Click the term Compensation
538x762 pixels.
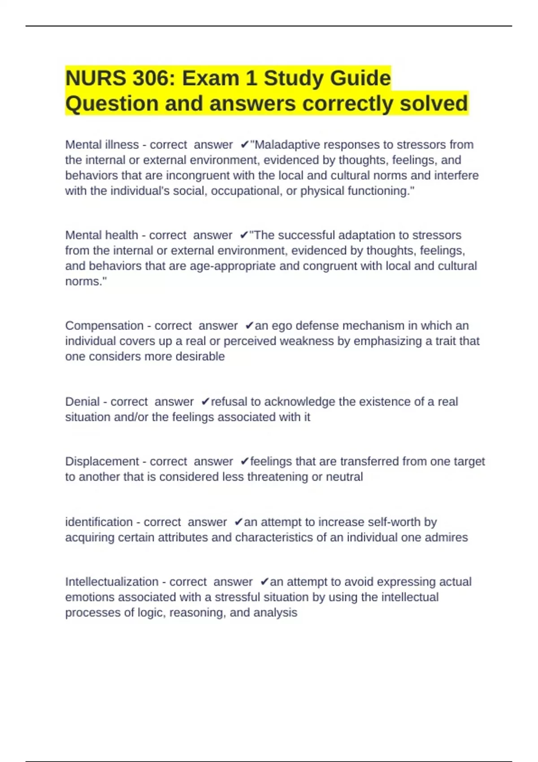[104, 326]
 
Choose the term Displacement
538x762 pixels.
[102, 462]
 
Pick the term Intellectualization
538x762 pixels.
[112, 582]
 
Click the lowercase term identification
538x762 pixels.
[99, 522]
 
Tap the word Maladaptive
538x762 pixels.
[287, 145]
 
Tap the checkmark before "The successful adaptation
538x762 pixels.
[244, 235]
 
